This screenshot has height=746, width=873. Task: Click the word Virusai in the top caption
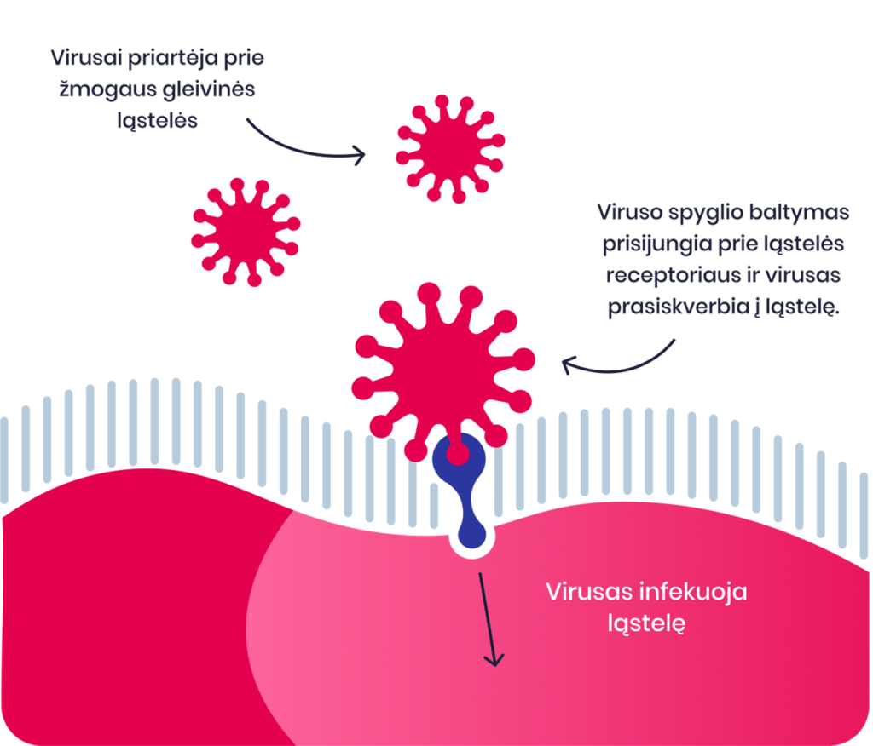click(x=85, y=58)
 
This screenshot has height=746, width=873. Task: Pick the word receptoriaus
click(x=673, y=276)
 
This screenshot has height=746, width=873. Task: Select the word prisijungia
click(x=657, y=244)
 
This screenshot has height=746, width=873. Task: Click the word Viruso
click(x=630, y=213)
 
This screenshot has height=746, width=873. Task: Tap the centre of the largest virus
click(x=443, y=371)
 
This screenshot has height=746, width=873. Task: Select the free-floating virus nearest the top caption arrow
click(x=450, y=148)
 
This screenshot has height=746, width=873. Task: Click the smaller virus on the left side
click(x=246, y=232)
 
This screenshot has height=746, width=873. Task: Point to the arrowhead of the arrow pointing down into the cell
click(x=494, y=660)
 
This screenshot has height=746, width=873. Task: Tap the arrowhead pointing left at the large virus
click(x=567, y=365)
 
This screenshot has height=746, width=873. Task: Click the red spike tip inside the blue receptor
click(x=458, y=454)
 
